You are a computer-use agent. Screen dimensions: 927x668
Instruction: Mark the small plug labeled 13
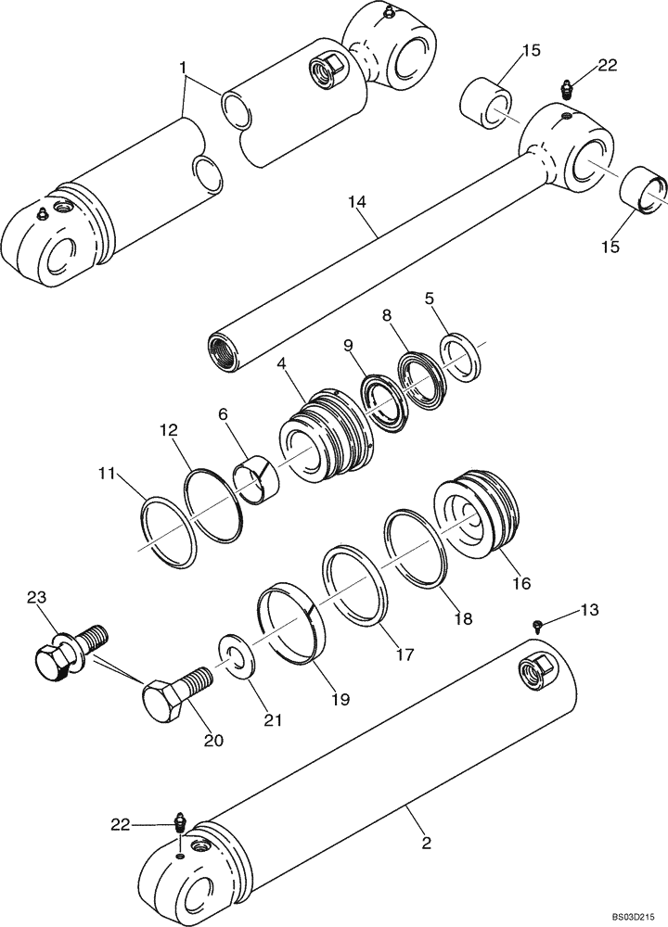point(538,628)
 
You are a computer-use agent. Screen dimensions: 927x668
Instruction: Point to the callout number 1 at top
point(183,68)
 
